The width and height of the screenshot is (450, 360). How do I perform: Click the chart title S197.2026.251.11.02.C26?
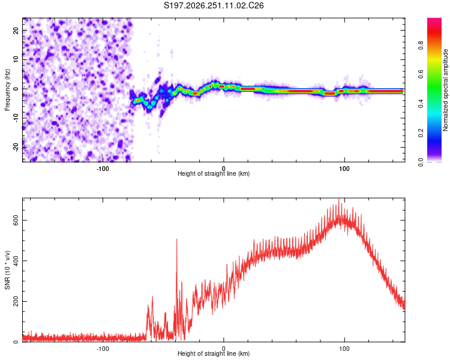tap(214, 5)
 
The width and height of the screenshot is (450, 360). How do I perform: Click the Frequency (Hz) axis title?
tap(7, 90)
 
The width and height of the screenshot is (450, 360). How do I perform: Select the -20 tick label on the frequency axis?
tap(16, 148)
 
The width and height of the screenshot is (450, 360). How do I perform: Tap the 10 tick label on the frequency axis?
tap(16, 59)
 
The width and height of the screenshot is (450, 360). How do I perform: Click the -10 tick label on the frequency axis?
tap(16, 118)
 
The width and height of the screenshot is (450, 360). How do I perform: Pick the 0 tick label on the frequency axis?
tap(16, 89)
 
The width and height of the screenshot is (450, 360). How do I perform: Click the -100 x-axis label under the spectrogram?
tap(103, 169)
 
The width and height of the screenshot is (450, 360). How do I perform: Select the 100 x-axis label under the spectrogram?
tap(344, 169)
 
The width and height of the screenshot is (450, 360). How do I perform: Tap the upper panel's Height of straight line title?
tap(214, 173)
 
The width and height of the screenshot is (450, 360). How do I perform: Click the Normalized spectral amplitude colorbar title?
tap(445, 90)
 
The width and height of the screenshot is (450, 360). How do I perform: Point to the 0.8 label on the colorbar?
tap(421, 46)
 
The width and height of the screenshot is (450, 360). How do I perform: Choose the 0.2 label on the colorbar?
tap(421, 133)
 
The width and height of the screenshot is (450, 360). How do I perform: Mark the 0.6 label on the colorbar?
tap(421, 74)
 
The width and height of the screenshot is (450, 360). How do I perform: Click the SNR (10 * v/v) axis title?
tap(7, 270)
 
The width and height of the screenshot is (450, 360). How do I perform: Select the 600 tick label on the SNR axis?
tap(16, 220)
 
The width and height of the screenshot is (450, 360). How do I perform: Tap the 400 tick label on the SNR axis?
tap(16, 260)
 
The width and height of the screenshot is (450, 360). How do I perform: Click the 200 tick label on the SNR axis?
tap(16, 301)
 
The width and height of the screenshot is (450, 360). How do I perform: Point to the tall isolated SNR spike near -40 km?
tap(177, 240)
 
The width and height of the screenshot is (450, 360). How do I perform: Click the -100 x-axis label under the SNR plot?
tap(103, 349)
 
